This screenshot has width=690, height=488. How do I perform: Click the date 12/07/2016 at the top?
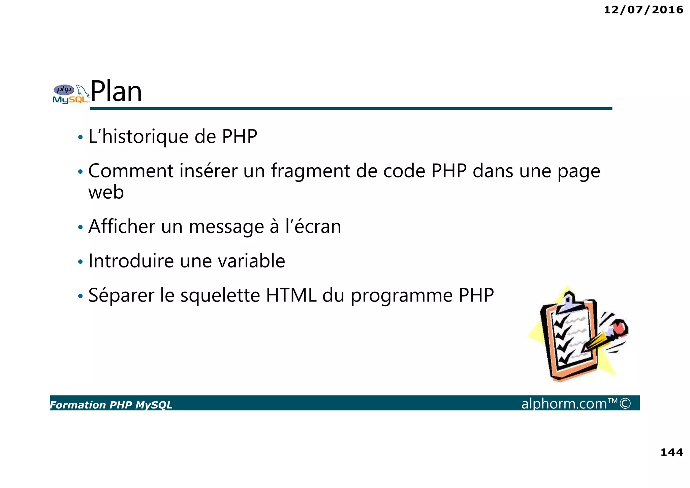(x=643, y=10)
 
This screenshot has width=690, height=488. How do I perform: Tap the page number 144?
(x=671, y=452)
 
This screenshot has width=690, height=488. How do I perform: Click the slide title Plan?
(x=116, y=91)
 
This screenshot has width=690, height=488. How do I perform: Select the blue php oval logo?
(x=64, y=90)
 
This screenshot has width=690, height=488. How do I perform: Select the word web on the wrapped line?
(x=106, y=193)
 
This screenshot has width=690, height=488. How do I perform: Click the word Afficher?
(x=122, y=226)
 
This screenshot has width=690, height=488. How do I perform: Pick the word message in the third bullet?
(x=226, y=227)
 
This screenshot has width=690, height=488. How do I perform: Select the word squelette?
(x=220, y=296)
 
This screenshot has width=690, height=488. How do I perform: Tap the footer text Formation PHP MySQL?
(x=111, y=405)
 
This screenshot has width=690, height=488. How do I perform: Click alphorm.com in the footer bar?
(x=564, y=404)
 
